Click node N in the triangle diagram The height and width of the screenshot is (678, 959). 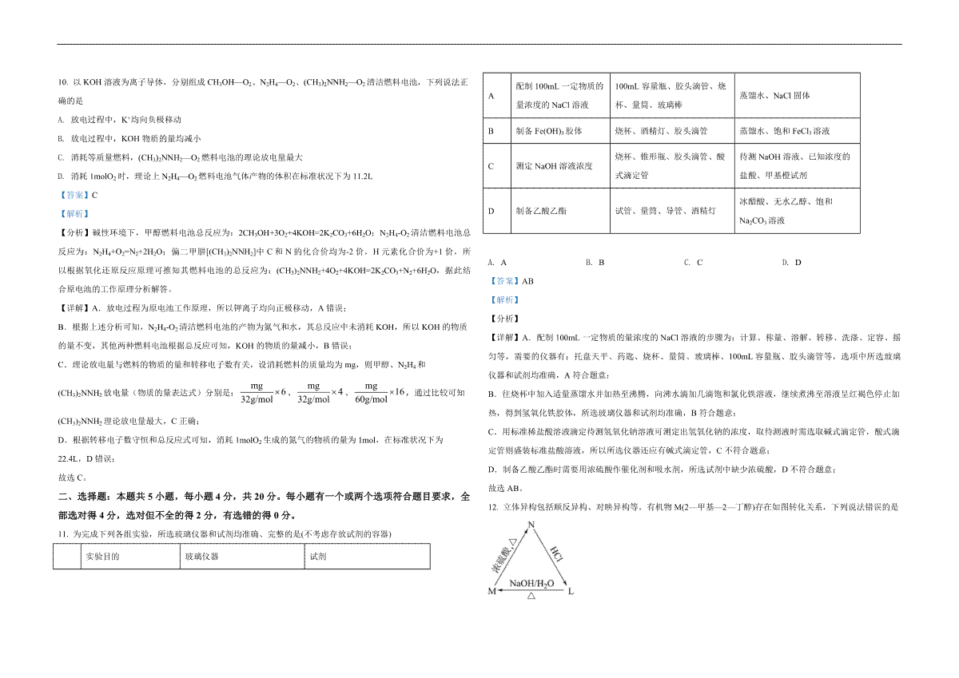coord(530,525)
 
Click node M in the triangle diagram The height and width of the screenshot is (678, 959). coord(491,592)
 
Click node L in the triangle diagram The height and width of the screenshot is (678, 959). coord(570,592)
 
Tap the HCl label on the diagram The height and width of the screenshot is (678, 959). coord(556,557)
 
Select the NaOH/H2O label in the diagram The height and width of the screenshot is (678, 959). coord(531,583)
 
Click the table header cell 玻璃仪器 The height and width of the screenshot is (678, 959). coord(201,557)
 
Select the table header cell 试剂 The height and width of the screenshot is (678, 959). coord(317,557)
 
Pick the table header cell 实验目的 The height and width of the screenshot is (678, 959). coord(102,557)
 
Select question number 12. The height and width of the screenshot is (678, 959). coord(491,507)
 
